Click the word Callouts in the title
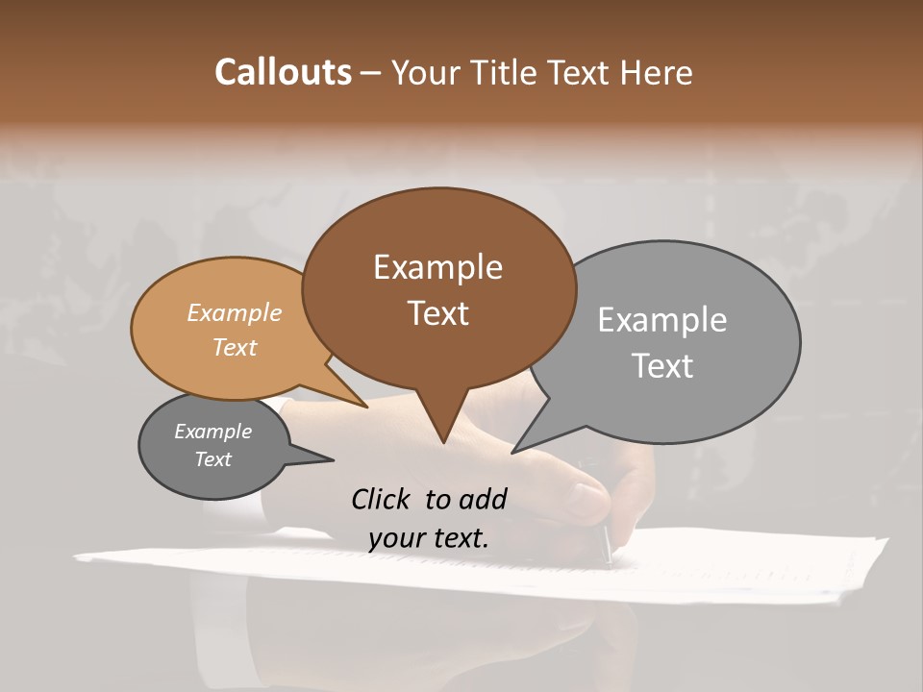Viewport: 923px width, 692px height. pyautogui.click(x=283, y=72)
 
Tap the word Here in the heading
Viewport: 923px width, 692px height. pyautogui.click(x=657, y=72)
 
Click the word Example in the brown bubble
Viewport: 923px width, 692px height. pyautogui.click(x=437, y=267)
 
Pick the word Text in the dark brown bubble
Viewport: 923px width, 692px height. pyautogui.click(x=437, y=313)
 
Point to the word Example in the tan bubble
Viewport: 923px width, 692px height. pyautogui.click(x=234, y=312)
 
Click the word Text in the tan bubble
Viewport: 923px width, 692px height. pyautogui.click(x=234, y=347)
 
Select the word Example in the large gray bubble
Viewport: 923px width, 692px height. pyautogui.click(x=661, y=320)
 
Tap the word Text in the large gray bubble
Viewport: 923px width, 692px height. pyautogui.click(x=661, y=366)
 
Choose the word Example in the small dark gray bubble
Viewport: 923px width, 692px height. pyautogui.click(x=212, y=432)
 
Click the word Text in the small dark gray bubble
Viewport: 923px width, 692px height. pyautogui.click(x=212, y=459)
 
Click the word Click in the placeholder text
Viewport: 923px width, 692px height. pyautogui.click(x=381, y=499)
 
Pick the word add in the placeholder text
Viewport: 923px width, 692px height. pyautogui.click(x=482, y=499)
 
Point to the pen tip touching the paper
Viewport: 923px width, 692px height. pyautogui.click(x=609, y=563)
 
